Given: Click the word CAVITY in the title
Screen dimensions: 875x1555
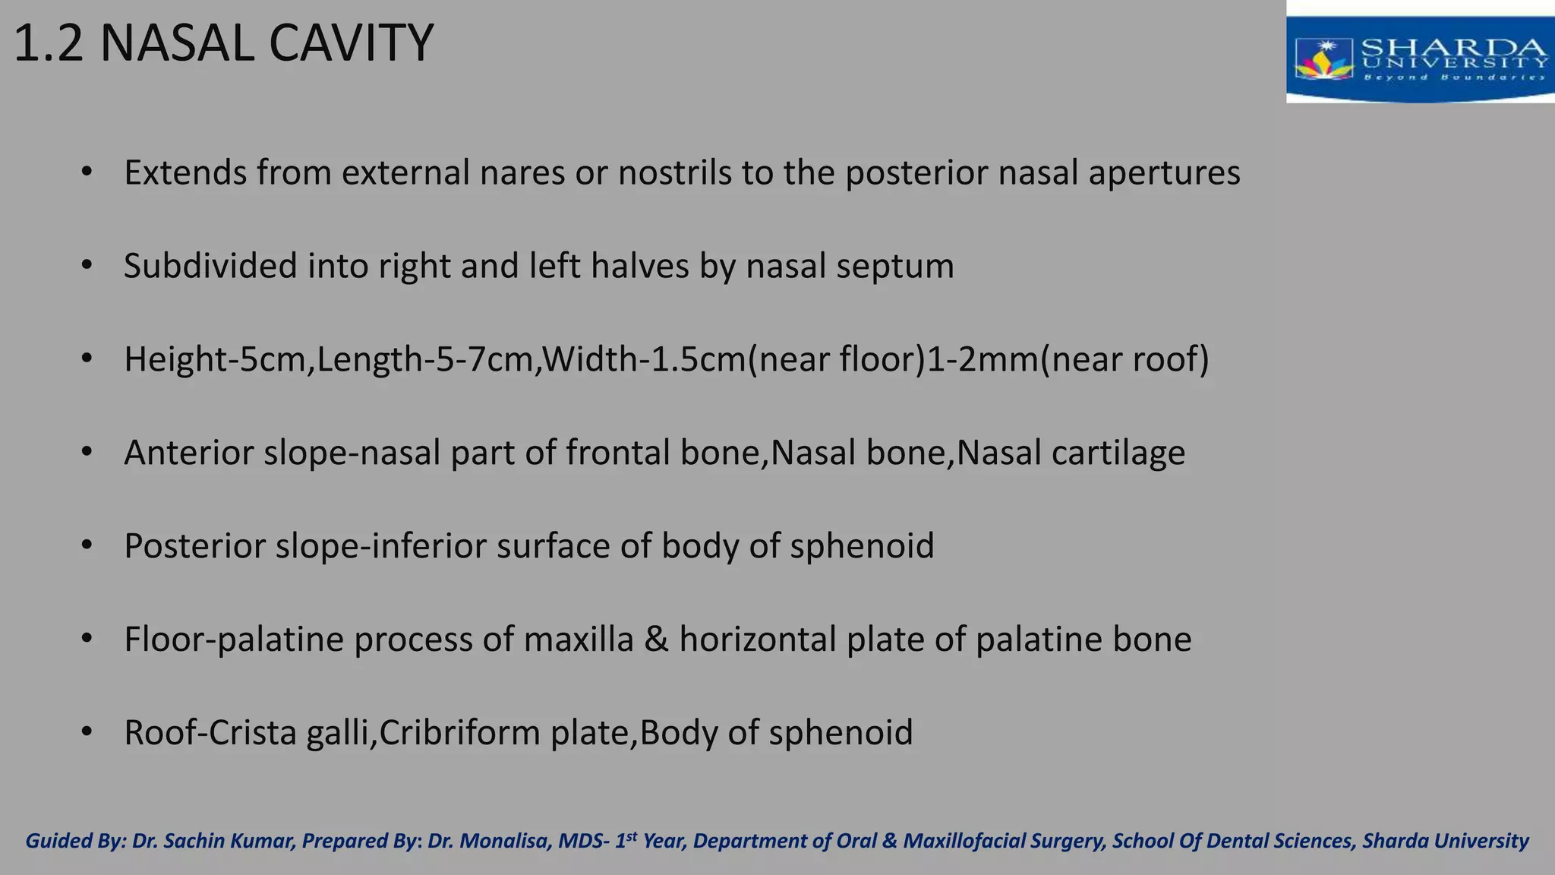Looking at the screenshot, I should pyautogui.click(x=351, y=43).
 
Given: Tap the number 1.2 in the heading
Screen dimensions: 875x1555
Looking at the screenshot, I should pyautogui.click(x=48, y=43).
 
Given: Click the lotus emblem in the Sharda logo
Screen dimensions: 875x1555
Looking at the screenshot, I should pyautogui.click(x=1324, y=60).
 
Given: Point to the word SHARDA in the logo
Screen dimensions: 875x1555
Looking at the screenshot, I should pyautogui.click(x=1453, y=48).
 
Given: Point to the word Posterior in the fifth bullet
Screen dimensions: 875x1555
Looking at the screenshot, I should pyautogui.click(x=194, y=546).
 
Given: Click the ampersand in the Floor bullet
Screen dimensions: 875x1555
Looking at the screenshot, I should pyautogui.click(x=656, y=640).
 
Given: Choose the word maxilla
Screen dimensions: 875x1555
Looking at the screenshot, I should pyautogui.click(x=578, y=640).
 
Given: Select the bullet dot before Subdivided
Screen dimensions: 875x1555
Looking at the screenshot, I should pyautogui.click(x=87, y=267).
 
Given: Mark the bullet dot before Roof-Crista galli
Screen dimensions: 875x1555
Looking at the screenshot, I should pyautogui.click(x=87, y=733).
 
